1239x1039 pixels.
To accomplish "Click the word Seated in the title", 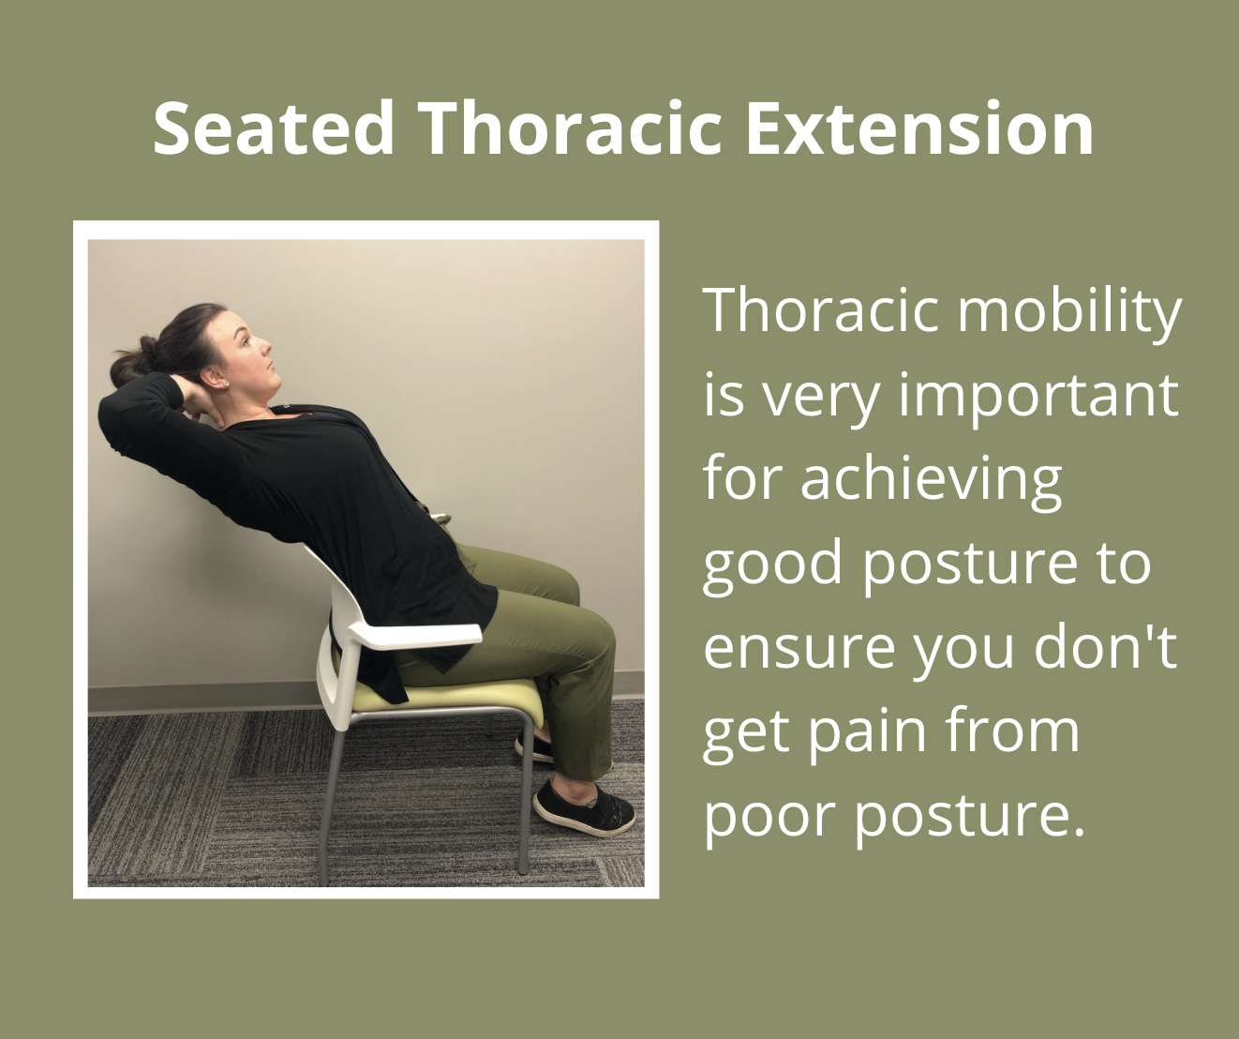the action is pyautogui.click(x=274, y=128).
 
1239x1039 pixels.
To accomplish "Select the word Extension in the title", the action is pyautogui.click(x=919, y=128).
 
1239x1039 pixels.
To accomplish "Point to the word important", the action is pyautogui.click(x=1038, y=397).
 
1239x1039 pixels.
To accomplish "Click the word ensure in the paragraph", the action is pyautogui.click(x=799, y=648).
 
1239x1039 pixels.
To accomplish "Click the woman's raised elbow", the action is pyautogui.click(x=112, y=410).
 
